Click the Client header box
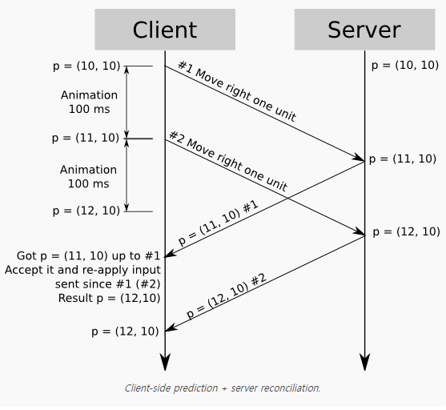pos(164,30)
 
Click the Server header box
pos(364,30)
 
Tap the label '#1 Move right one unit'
pos(236,91)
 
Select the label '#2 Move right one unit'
pos(227,162)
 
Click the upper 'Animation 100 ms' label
pos(89,102)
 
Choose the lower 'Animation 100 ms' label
pos(88,176)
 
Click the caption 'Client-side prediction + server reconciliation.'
pos(223,388)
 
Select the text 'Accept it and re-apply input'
pos(82,270)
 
